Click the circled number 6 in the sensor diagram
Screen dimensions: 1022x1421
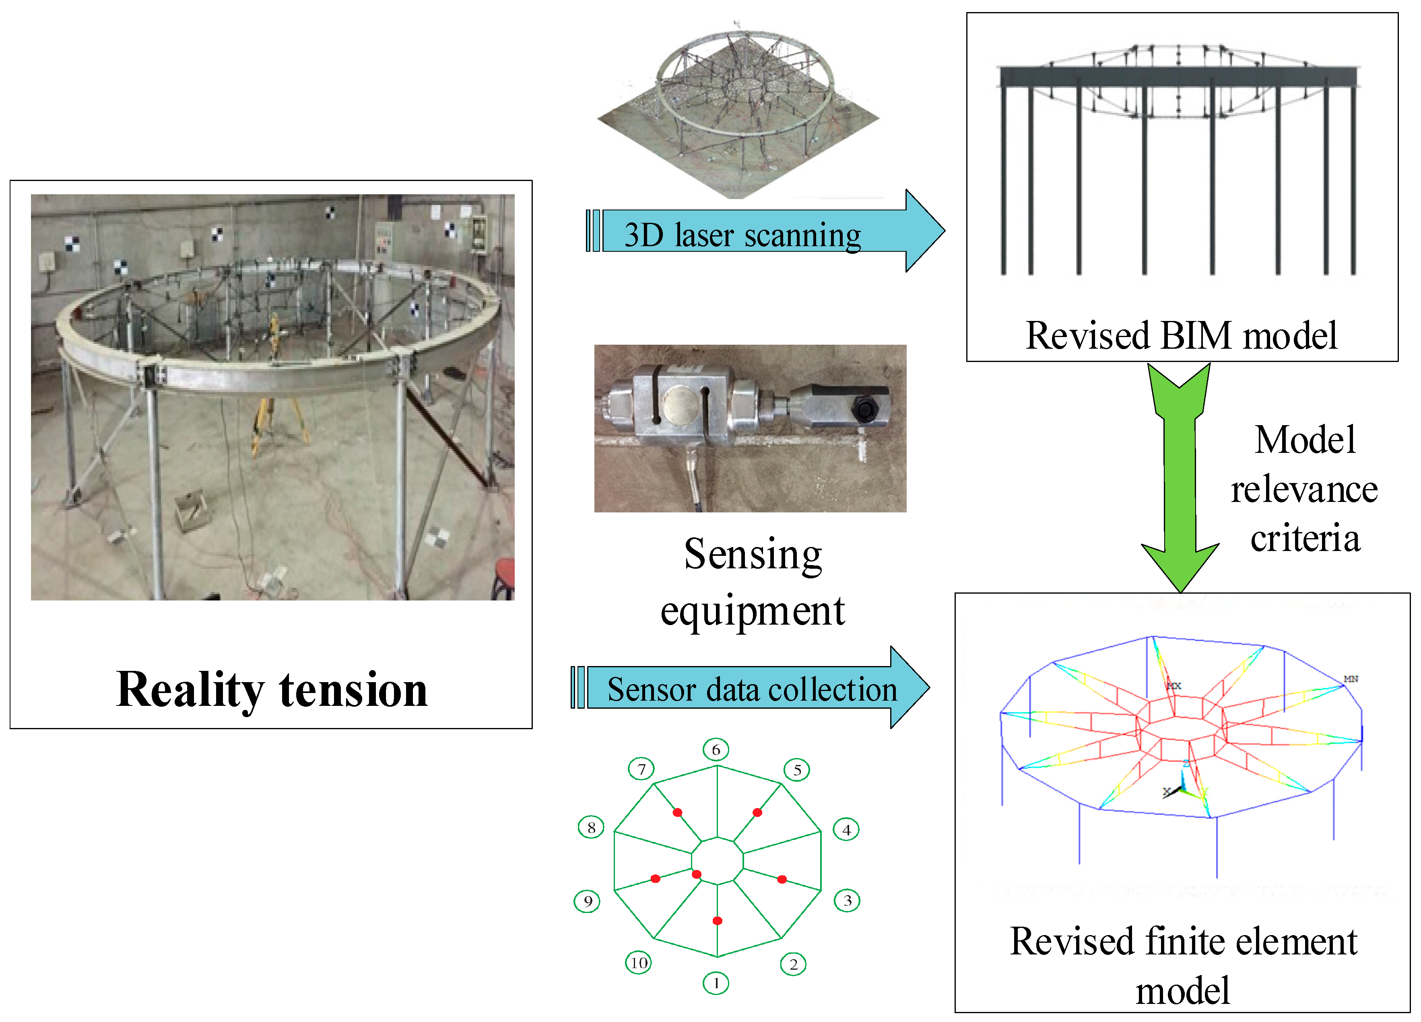[716, 750]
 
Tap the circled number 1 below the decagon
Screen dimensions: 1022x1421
[716, 983]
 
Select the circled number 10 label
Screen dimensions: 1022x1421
[638, 962]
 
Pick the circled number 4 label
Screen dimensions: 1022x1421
[846, 830]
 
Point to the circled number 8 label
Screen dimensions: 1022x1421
[591, 827]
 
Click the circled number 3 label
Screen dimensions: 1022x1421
[847, 901]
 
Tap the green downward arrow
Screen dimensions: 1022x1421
[1180, 482]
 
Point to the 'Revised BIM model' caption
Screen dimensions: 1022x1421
[1181, 336]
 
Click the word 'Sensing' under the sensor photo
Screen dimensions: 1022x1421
[753, 554]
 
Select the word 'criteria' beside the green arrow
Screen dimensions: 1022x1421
[1305, 538]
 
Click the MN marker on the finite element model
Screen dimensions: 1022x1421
[1350, 679]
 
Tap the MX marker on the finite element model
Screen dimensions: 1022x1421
[1174, 686]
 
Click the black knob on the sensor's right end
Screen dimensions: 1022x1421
[864, 410]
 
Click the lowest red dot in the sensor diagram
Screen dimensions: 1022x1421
[718, 921]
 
